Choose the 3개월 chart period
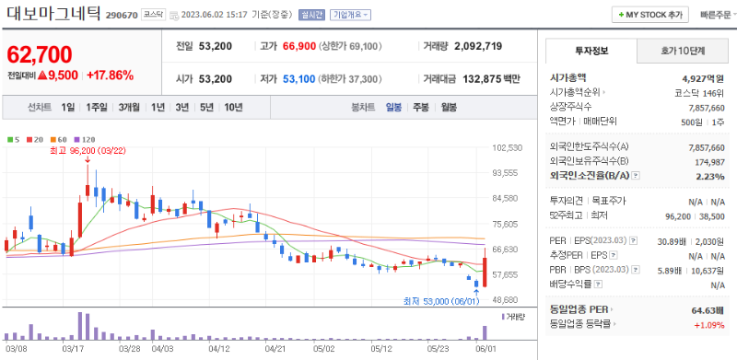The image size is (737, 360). tap(130, 108)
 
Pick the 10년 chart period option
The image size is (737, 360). tap(233, 108)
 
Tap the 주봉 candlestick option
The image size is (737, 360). tap(420, 108)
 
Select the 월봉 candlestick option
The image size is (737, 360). tap(449, 108)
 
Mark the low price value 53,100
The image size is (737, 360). tap(303, 79)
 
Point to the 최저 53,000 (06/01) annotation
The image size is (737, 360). tap(440, 300)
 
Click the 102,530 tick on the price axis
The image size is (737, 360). tap(508, 147)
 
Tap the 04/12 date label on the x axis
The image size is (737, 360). tap(219, 349)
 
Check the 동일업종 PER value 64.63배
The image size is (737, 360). tap(703, 311)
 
